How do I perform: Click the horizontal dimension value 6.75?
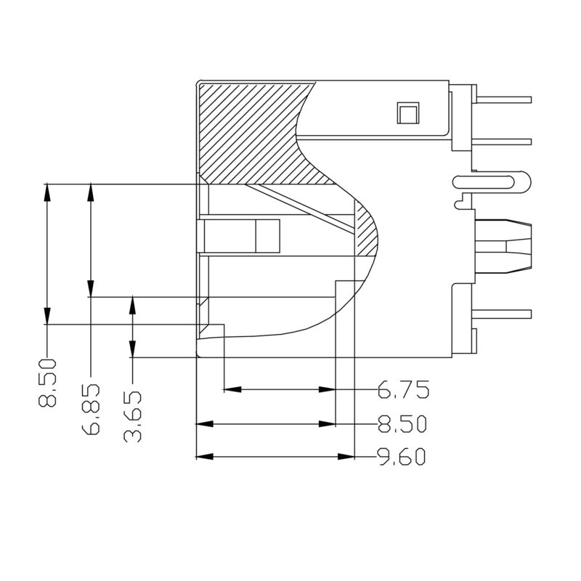pyautogui.click(x=403, y=390)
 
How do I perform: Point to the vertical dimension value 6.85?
pyautogui.click(x=91, y=410)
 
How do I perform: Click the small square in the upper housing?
pyautogui.click(x=406, y=113)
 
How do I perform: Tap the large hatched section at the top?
pyautogui.click(x=254, y=131)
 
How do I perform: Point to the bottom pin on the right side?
pyautogui.click(x=505, y=313)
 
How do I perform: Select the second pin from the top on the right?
pyautogui.click(x=505, y=140)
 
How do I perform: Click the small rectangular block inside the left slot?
pyautogui.click(x=267, y=236)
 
